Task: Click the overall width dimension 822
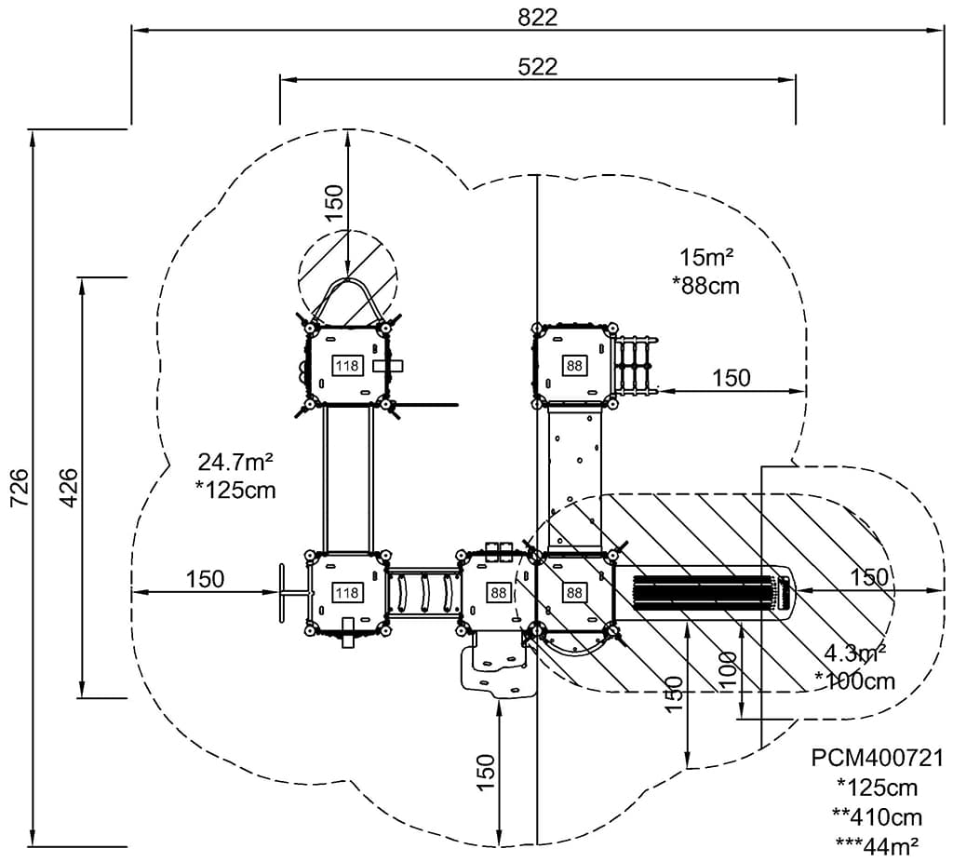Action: click(x=538, y=17)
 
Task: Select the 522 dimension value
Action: click(x=538, y=66)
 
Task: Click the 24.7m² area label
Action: click(x=235, y=460)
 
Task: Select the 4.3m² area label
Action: click(x=853, y=652)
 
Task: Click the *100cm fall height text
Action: click(x=855, y=680)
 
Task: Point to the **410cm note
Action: click(x=878, y=816)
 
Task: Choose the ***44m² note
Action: click(x=878, y=845)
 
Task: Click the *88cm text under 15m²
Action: click(x=705, y=285)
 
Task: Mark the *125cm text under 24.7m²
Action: click(x=236, y=490)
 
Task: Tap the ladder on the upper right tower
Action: click(x=636, y=364)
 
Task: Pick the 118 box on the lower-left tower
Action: click(x=347, y=593)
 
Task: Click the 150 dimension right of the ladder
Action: click(x=732, y=378)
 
